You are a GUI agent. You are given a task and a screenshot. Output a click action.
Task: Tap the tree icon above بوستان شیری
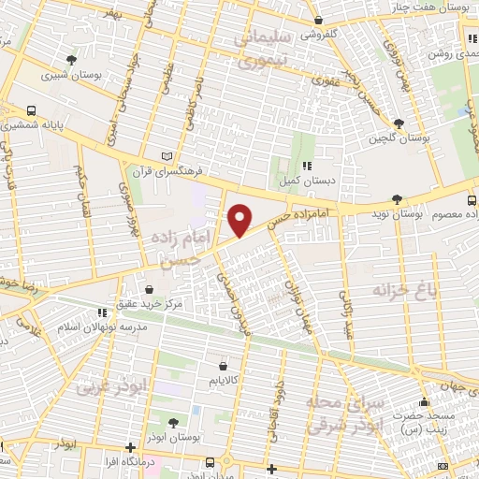[72, 60]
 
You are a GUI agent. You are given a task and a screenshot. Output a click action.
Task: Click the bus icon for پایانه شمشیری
[32, 109]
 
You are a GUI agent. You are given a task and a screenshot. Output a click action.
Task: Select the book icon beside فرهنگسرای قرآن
[167, 154]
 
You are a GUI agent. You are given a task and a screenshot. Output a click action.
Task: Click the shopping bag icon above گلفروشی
[319, 18]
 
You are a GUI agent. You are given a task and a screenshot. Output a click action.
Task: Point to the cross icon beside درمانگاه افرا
[131, 447]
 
